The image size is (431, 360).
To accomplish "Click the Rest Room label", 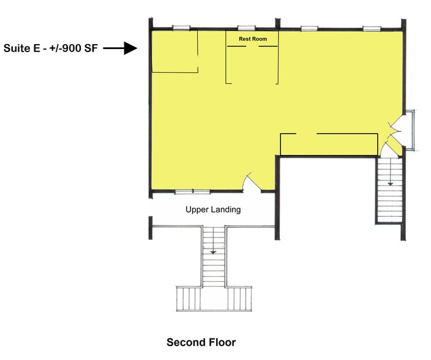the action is [253, 39].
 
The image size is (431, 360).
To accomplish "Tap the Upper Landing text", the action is [213, 209].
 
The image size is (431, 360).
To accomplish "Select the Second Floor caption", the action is [201, 342].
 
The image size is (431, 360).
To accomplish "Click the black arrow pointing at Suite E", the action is [120, 48].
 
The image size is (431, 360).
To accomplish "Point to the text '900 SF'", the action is [80, 48].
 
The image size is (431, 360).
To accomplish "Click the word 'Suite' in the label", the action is [17, 48].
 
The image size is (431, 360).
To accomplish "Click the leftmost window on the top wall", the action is [181, 28].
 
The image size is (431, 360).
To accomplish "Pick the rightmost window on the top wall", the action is [372, 28].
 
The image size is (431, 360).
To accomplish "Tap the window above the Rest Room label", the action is [246, 28].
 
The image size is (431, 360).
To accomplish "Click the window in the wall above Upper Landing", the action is [193, 191].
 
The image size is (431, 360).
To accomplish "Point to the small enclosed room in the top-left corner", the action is [175, 51].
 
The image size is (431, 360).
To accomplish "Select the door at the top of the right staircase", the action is [386, 150].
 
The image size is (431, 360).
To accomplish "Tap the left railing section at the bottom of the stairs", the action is [189, 299].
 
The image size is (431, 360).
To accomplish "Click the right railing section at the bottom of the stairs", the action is [239, 299].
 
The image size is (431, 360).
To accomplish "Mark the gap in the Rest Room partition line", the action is [252, 46].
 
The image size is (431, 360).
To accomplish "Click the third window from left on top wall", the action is [309, 28].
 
